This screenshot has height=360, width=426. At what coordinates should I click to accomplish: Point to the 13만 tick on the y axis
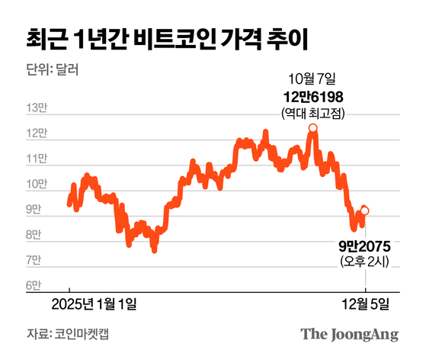(35, 108)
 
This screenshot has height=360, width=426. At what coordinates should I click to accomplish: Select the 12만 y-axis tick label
(35, 133)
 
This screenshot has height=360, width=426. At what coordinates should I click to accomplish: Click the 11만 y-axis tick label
(35, 159)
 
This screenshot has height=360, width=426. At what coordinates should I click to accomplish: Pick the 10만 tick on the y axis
(35, 185)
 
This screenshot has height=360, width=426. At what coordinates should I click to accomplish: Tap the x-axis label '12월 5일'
(367, 304)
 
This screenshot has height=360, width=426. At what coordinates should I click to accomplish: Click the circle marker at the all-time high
(313, 128)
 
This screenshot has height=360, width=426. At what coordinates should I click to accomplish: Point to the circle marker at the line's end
(365, 211)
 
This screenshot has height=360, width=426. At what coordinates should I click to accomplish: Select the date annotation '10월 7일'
(312, 79)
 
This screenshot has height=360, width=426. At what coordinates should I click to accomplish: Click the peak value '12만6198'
(312, 96)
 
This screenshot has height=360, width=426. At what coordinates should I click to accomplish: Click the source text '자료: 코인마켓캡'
(61, 334)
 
